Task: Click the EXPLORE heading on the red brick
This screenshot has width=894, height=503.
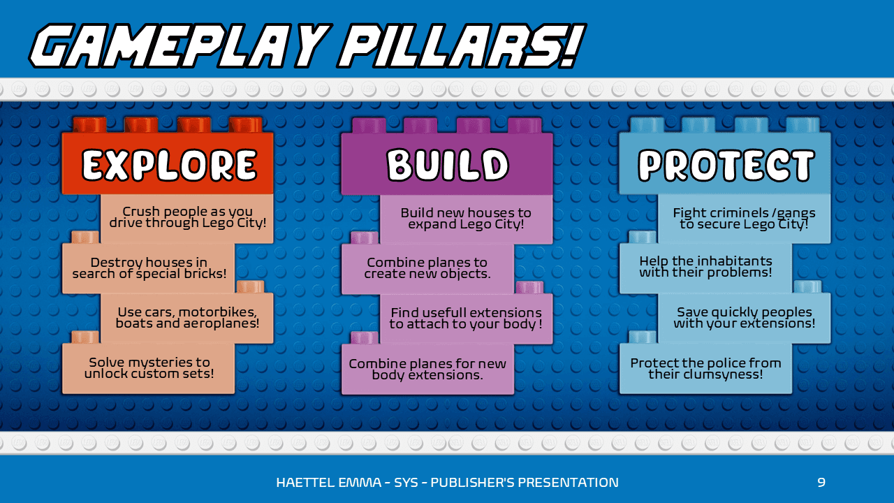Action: (169, 166)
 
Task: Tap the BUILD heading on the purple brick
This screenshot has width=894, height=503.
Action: (448, 166)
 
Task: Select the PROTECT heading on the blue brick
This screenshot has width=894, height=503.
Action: (726, 166)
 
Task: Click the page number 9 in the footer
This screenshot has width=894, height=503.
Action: (821, 482)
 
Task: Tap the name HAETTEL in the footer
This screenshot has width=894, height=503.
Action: (302, 482)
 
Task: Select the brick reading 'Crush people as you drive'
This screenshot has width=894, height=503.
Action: (187, 217)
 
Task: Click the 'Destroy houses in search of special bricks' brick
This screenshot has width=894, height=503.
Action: (149, 268)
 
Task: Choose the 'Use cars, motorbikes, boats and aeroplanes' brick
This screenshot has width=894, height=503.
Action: (187, 318)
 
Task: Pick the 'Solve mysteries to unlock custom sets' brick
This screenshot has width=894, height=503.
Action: (149, 368)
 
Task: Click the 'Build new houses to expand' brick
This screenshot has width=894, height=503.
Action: (466, 219)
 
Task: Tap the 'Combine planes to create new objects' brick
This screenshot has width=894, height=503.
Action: (427, 268)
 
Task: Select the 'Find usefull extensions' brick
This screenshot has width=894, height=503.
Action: (466, 319)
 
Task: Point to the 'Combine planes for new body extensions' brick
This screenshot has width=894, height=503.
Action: (427, 369)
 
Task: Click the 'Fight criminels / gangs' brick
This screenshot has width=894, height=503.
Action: (744, 219)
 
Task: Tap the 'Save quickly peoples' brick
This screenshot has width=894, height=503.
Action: (744, 318)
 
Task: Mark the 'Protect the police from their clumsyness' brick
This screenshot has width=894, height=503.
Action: (705, 368)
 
